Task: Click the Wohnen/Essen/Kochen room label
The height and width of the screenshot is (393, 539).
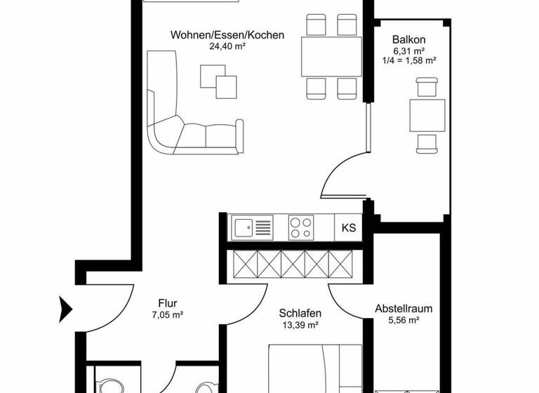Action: tap(227, 34)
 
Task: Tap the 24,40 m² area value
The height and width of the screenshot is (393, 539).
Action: tap(227, 46)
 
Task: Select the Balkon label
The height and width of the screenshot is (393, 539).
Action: tap(409, 39)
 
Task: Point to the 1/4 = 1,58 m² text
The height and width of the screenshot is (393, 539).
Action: tap(409, 61)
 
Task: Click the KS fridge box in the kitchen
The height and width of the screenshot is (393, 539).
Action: tap(348, 228)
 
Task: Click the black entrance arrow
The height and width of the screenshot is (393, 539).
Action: tap(65, 307)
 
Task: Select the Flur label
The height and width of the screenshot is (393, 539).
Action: tap(167, 304)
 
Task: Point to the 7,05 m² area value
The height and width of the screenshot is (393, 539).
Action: tap(167, 316)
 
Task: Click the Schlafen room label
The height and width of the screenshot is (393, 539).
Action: tap(300, 313)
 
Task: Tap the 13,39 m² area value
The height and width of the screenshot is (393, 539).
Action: tap(300, 325)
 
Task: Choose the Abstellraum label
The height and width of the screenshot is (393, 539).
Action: tap(403, 308)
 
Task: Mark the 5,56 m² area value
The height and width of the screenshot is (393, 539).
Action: tap(403, 320)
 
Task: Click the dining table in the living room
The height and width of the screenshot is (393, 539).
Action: tap(331, 56)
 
